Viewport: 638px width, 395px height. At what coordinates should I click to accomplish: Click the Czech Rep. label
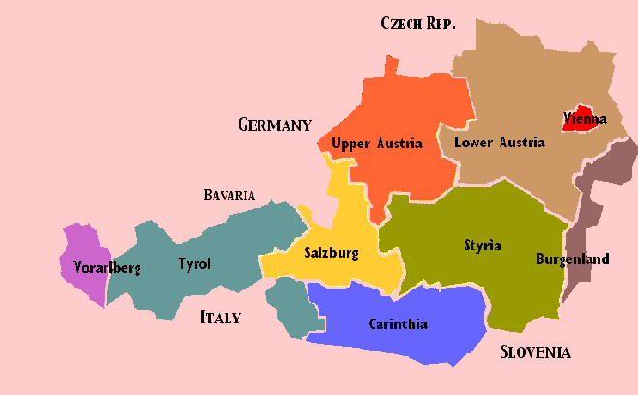point(418,23)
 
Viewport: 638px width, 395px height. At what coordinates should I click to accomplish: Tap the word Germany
point(275,125)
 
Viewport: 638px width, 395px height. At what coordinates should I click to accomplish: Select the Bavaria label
point(229,196)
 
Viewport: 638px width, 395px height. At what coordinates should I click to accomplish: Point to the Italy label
point(220,317)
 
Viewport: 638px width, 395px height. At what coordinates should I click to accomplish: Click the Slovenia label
point(535,351)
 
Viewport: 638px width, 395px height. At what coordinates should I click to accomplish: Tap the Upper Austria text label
point(377,143)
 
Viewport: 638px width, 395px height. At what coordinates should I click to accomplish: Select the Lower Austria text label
point(500,142)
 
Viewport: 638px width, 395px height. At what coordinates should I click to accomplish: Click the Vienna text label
point(585,120)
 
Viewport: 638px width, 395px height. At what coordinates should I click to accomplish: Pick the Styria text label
point(482,245)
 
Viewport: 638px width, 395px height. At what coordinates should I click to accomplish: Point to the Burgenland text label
point(573,259)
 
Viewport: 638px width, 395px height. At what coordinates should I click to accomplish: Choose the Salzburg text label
point(331,254)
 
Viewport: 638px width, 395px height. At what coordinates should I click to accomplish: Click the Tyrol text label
point(194,263)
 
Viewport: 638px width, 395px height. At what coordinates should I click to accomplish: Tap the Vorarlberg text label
point(107,268)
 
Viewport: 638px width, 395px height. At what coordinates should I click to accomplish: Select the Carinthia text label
point(398,324)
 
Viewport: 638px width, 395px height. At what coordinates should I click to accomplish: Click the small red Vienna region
point(581,108)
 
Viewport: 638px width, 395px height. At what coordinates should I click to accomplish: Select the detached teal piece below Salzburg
point(289,305)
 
